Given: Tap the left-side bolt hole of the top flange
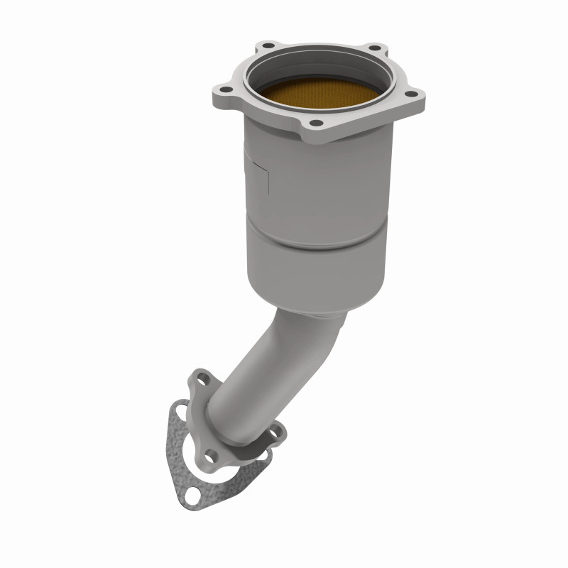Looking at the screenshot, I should point(224,90).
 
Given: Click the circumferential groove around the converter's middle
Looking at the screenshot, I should point(316,245).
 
